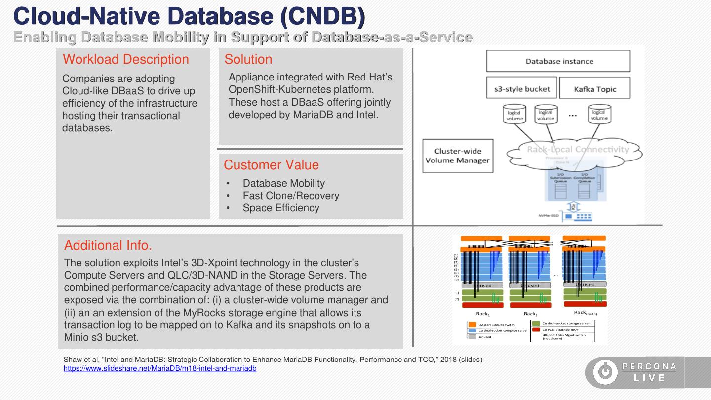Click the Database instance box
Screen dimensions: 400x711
[x=558, y=61]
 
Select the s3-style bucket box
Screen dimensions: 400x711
[x=521, y=89]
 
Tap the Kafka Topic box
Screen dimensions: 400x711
[x=594, y=89]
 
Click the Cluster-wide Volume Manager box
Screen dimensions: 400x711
[x=458, y=156]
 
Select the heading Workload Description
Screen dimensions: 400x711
[x=125, y=59]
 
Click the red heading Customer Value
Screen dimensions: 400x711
[x=271, y=165]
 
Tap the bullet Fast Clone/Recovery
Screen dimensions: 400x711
[x=290, y=196]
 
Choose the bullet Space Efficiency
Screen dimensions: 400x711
[x=280, y=208]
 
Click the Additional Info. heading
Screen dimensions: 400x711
[x=108, y=245]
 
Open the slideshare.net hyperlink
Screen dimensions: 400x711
[x=159, y=368]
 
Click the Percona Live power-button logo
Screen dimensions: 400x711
[x=605, y=372]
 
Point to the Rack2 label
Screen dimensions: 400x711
[x=530, y=314]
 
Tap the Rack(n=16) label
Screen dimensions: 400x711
[x=585, y=313]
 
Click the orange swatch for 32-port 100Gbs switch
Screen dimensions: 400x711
[x=472, y=324]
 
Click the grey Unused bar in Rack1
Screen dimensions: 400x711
[x=481, y=285]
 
